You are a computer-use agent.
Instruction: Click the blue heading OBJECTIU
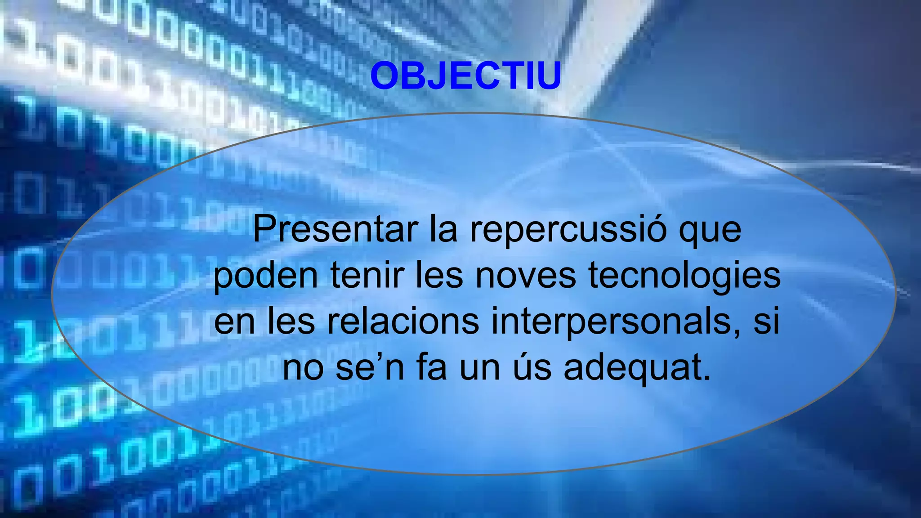click(465, 76)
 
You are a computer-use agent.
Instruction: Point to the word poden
click(265, 276)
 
